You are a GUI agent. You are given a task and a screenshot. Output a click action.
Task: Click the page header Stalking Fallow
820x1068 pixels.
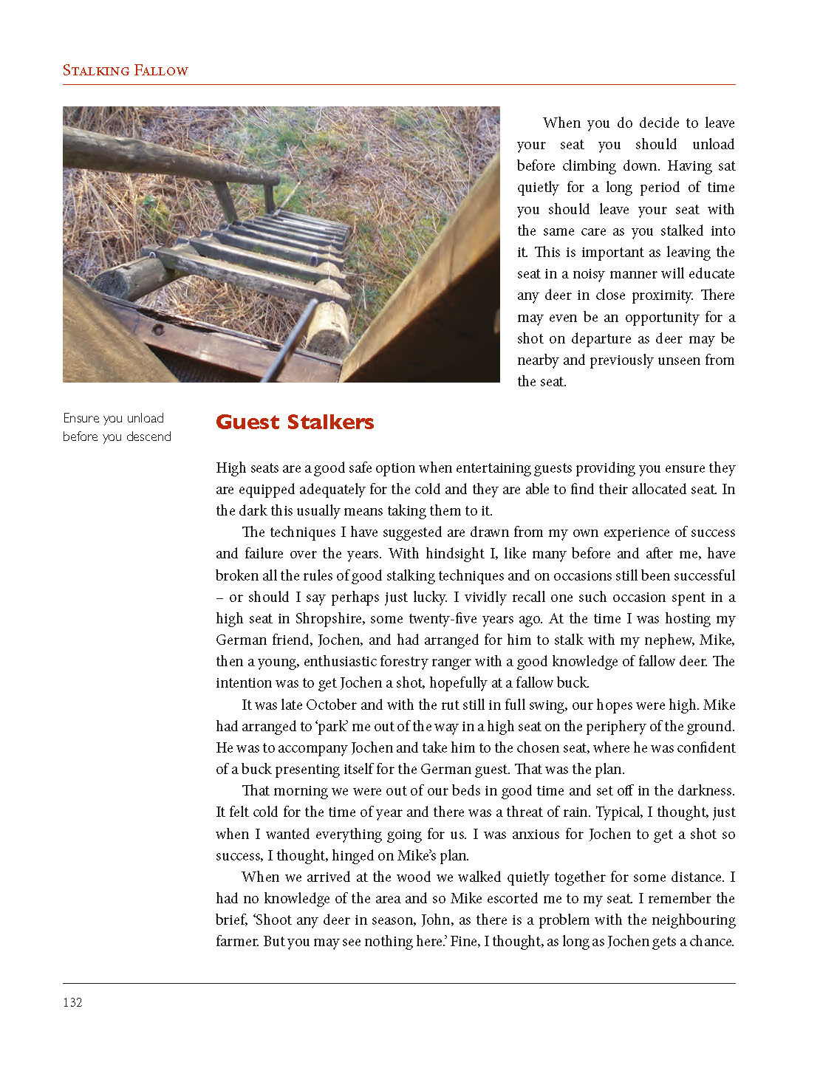(125, 71)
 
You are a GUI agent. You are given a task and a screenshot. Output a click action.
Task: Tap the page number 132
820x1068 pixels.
(72, 1002)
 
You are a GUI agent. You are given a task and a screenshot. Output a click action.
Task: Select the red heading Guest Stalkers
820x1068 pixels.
(295, 422)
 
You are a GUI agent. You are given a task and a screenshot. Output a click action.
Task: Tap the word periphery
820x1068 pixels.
(600, 726)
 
